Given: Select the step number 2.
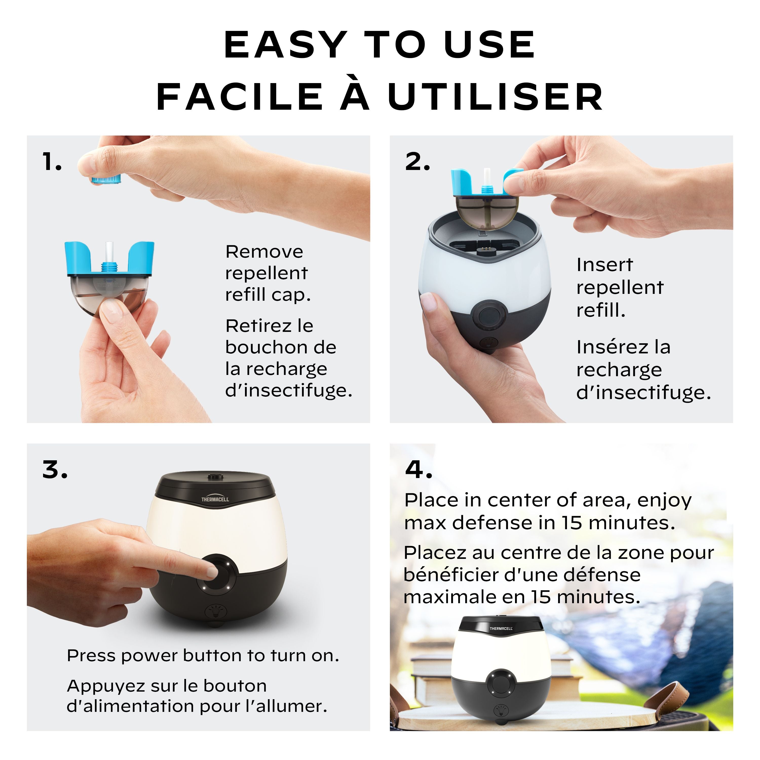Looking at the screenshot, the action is click(x=417, y=162).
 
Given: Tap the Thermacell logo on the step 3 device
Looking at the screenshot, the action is click(x=215, y=499).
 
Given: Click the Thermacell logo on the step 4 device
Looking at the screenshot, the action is click(x=501, y=628).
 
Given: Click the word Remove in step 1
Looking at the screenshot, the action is click(x=264, y=252).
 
